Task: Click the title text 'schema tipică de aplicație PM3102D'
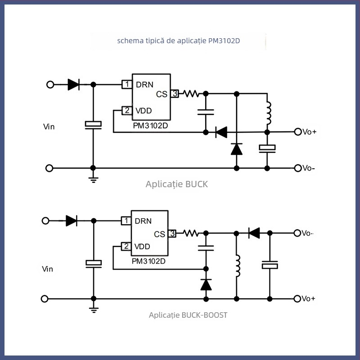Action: pyautogui.click(x=179, y=41)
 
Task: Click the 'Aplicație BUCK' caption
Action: pyautogui.click(x=177, y=184)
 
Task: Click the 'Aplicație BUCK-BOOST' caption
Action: pyautogui.click(x=188, y=315)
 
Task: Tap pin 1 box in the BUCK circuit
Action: pyautogui.click(x=127, y=84)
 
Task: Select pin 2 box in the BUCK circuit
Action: pyautogui.click(x=127, y=110)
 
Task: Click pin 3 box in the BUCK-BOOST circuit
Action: pyautogui.click(x=172, y=234)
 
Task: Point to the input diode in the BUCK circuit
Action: pyautogui.click(x=73, y=84)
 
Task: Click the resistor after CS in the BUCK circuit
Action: pyautogui.click(x=191, y=94)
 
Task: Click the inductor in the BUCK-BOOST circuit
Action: pyautogui.click(x=237, y=266)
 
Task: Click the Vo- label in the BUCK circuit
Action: pyautogui.click(x=309, y=168)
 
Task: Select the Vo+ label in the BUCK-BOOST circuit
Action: pyautogui.click(x=309, y=299)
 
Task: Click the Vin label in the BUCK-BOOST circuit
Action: pyautogui.click(x=48, y=269)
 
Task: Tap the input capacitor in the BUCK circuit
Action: pyautogui.click(x=93, y=124)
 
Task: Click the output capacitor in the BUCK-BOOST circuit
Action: pyautogui.click(x=270, y=265)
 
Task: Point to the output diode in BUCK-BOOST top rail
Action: pyautogui.click(x=254, y=233)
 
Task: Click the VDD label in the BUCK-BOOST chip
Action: pyautogui.click(x=143, y=247)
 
